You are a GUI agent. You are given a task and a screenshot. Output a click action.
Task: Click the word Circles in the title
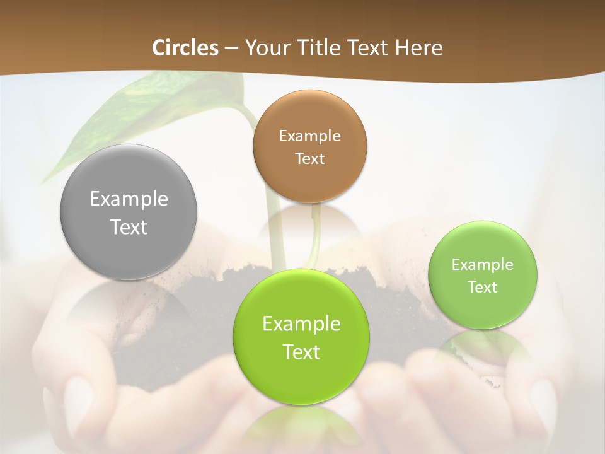coord(185,48)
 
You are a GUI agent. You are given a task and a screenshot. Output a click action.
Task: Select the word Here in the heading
coord(419,48)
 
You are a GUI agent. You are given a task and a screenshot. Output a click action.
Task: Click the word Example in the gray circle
coord(129,199)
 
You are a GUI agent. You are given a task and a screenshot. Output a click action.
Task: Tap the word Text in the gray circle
coord(129,227)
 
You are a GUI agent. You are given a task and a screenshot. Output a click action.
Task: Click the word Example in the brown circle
coord(309,136)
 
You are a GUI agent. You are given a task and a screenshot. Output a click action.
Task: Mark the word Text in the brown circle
coord(309,159)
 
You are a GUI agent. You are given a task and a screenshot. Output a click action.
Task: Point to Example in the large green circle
coord(301,324)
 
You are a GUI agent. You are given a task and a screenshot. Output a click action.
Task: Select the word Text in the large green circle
coord(301,352)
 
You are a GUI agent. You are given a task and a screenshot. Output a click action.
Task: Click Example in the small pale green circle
coord(483,265)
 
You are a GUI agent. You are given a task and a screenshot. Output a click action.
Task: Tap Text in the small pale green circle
coord(483,288)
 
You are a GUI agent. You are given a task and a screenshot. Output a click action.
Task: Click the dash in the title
coord(231,49)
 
